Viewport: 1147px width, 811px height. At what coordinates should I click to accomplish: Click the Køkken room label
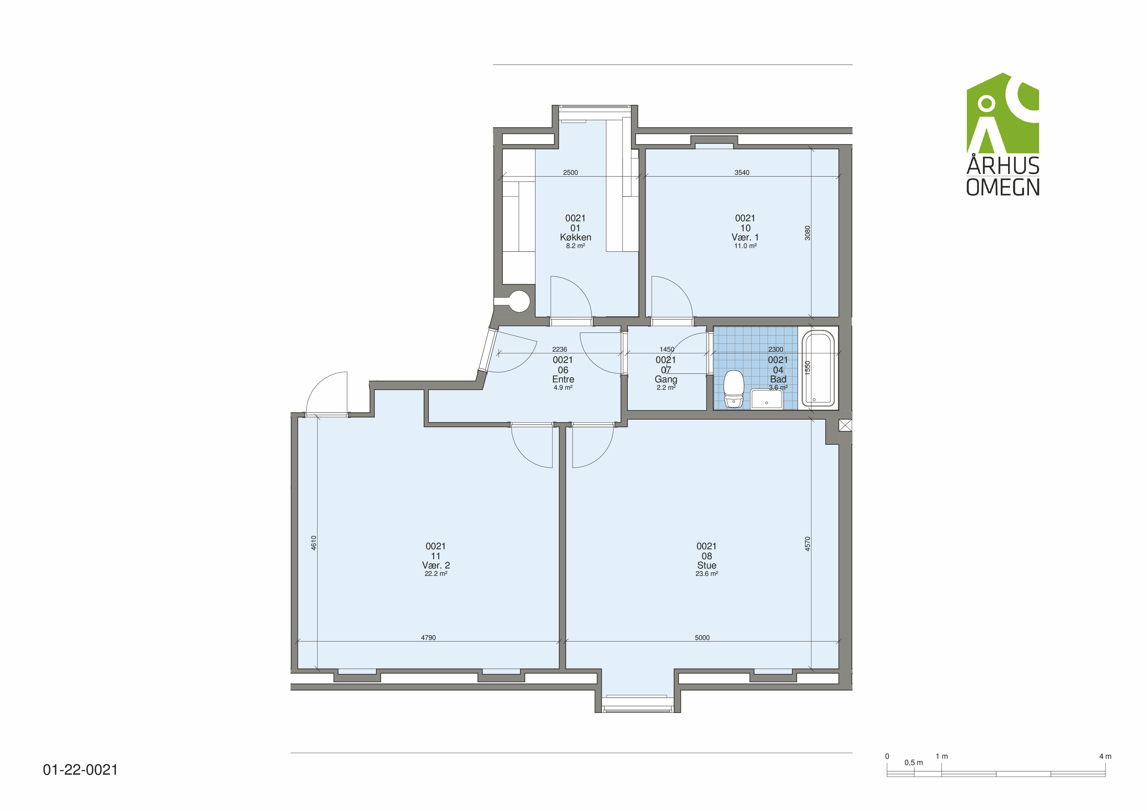575,237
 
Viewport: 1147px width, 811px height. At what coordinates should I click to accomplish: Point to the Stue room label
706,565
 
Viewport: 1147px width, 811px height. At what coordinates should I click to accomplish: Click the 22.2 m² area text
436,574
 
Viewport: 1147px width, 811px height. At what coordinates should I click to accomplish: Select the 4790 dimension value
428,638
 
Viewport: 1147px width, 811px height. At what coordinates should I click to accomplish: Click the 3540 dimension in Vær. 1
742,172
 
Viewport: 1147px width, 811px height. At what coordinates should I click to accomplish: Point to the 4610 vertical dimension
314,543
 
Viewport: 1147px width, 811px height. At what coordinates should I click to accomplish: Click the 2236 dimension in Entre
560,349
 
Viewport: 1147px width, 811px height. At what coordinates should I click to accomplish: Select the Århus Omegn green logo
1003,134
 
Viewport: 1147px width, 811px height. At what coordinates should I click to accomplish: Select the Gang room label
666,379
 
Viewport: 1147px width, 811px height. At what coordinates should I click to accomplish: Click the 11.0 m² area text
745,246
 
